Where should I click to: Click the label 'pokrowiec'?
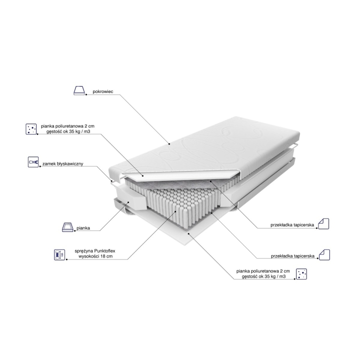point(103,91)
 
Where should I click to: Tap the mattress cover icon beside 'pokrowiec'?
point(79,90)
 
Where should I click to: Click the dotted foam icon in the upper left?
point(31,129)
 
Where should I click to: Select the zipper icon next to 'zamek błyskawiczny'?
point(33,162)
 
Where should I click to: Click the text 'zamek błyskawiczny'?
point(62,164)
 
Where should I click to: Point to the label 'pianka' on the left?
point(83,228)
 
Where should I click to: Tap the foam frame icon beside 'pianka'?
point(67,227)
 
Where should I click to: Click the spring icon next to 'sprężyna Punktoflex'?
point(59,254)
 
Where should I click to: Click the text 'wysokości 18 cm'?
point(95,256)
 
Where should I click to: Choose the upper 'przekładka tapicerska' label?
point(292,225)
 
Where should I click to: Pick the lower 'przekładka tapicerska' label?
point(292,256)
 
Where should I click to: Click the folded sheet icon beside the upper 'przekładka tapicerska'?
point(323,223)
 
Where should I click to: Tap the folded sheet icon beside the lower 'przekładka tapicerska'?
point(324,254)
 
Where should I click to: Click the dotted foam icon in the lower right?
point(301,274)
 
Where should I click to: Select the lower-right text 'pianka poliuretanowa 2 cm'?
point(263,271)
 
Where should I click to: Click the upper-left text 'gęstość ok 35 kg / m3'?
point(68,131)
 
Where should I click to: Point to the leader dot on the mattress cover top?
point(169,144)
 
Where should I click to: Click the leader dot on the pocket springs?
point(175,211)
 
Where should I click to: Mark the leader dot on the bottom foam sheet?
point(188,233)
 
